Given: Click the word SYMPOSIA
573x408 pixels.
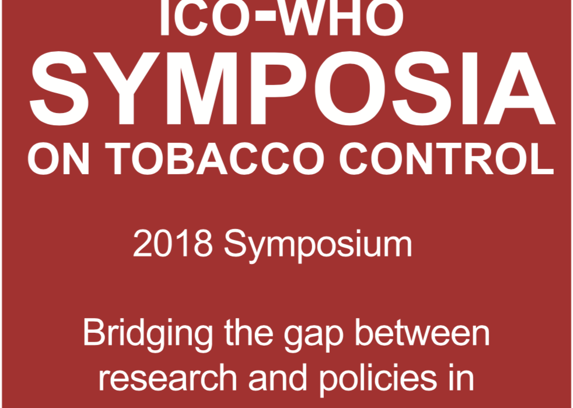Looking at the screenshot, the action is (292, 88).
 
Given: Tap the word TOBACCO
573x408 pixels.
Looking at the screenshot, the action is (216, 159).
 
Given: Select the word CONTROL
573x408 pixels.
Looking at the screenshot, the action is (447, 159).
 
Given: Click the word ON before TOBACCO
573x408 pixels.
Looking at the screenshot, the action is (58, 159).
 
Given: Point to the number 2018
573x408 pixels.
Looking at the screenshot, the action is (173, 244).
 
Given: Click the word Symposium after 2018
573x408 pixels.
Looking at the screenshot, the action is (318, 245).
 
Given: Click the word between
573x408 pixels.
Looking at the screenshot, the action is (422, 332).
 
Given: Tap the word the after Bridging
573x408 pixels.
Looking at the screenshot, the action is (249, 332).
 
